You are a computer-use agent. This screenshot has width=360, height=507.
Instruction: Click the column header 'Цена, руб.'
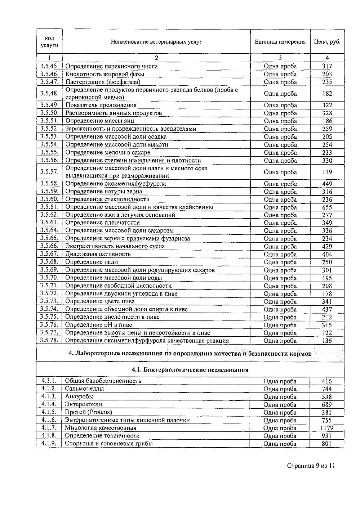click(327, 41)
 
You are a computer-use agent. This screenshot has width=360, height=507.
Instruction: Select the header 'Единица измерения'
click(280, 41)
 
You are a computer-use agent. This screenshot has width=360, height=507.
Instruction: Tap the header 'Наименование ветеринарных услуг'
click(156, 42)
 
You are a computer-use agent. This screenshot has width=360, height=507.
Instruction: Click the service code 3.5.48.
click(49, 94)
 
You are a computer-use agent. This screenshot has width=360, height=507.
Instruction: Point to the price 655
click(327, 207)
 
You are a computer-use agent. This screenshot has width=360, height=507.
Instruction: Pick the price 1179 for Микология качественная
click(326, 428)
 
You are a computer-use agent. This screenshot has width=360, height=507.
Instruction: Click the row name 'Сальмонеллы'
click(85, 389)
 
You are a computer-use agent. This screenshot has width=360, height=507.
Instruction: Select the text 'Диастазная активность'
click(98, 254)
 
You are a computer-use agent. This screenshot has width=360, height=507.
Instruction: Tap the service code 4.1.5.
click(49, 412)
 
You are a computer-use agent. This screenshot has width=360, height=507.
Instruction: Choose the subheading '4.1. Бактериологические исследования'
click(190, 370)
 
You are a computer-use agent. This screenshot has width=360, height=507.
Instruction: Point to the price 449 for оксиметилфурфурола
click(327, 184)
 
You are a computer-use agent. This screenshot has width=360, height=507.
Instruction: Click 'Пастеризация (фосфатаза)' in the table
click(103, 82)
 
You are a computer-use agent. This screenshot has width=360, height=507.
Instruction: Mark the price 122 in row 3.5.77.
click(327, 333)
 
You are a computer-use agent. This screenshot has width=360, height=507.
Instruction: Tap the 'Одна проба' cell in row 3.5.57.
click(280, 172)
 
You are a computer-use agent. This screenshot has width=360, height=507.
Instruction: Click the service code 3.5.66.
click(49, 246)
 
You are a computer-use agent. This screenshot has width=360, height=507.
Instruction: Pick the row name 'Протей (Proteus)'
click(88, 412)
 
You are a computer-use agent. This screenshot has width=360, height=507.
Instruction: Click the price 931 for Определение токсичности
click(326, 436)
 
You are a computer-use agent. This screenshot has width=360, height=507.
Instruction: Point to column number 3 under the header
click(280, 58)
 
